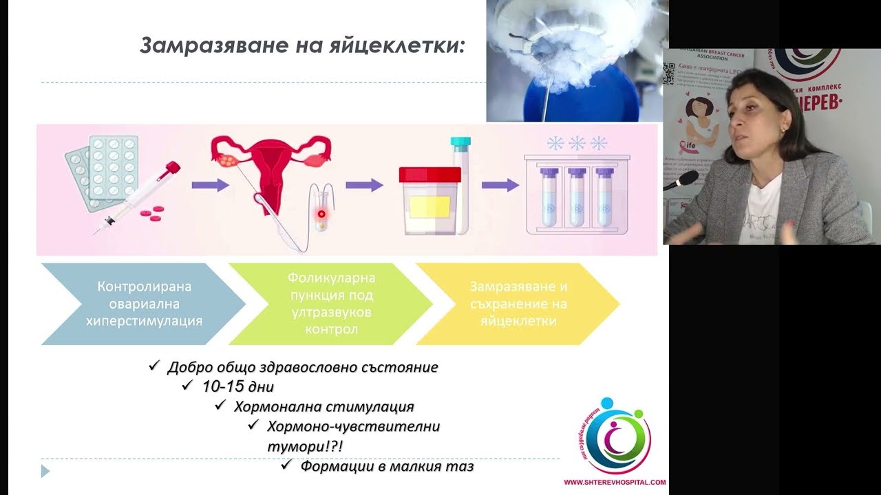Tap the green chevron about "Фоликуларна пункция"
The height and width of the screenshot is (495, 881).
point(330,303)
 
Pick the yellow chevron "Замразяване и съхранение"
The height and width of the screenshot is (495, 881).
point(518,303)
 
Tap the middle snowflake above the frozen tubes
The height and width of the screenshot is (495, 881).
point(577,143)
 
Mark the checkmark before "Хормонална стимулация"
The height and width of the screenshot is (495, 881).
point(221,405)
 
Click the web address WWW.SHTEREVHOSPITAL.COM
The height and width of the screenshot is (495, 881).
point(615,483)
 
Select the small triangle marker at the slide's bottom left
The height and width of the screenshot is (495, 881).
point(45,471)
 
